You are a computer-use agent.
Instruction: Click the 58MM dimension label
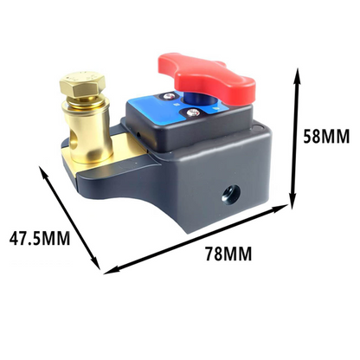[x=328, y=135]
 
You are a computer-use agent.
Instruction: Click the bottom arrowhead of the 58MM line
[x=299, y=204]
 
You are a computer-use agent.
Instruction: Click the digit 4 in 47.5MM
[x=14, y=235]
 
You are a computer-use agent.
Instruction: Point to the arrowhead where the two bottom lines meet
[x=107, y=269]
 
